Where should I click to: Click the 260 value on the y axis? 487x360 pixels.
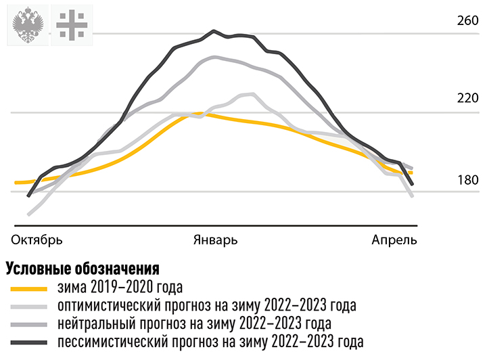pyautogui.click(x=468, y=20)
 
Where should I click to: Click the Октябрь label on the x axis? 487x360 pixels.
pyautogui.click(x=37, y=240)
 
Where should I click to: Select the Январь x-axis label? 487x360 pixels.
pyautogui.click(x=216, y=240)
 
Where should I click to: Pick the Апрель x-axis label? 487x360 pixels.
pyautogui.click(x=394, y=240)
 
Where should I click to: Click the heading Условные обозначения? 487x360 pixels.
pyautogui.click(x=83, y=269)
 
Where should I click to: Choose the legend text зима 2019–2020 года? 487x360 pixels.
pyautogui.click(x=121, y=288)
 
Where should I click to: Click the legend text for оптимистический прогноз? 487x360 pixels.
pyautogui.click(x=207, y=305)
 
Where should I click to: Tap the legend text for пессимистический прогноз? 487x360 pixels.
pyautogui.click(x=210, y=340)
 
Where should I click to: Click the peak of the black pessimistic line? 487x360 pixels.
pyautogui.click(x=214, y=30)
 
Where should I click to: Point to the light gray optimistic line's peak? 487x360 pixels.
pyautogui.click(x=252, y=94)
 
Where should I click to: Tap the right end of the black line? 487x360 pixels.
pyautogui.click(x=412, y=183)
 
